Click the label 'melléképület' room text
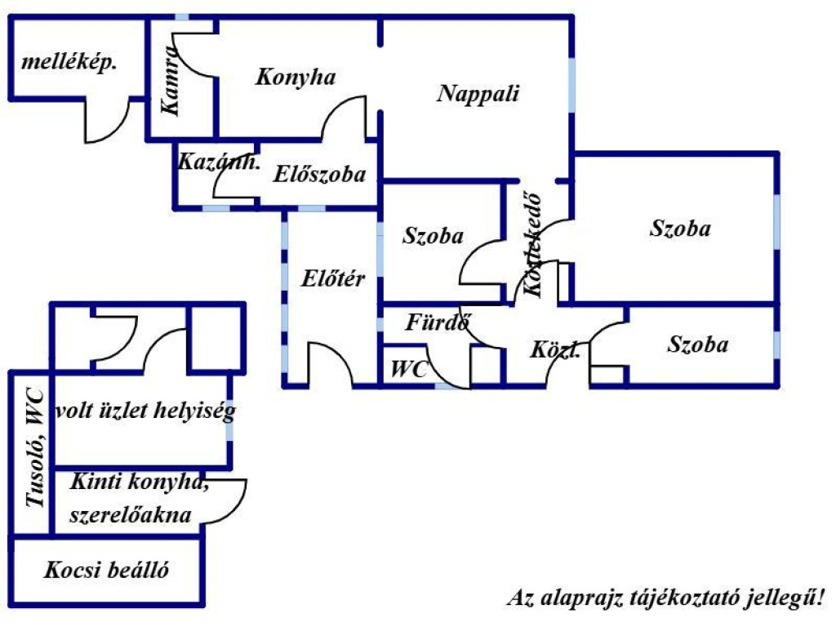pyautogui.click(x=69, y=63)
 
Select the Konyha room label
pyautogui.click(x=296, y=78)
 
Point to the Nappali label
pyautogui.click(x=478, y=93)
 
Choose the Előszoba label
pyautogui.click(x=319, y=174)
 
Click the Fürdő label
pyautogui.click(x=438, y=323)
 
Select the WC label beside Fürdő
pyautogui.click(x=409, y=369)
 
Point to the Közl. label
pyautogui.click(x=556, y=351)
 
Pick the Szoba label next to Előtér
pyautogui.click(x=434, y=237)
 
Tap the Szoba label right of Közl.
pyautogui.click(x=697, y=345)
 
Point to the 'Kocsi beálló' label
pyautogui.click(x=107, y=570)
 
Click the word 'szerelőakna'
pyautogui.click(x=131, y=515)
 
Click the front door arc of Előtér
pyautogui.click(x=330, y=363)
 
